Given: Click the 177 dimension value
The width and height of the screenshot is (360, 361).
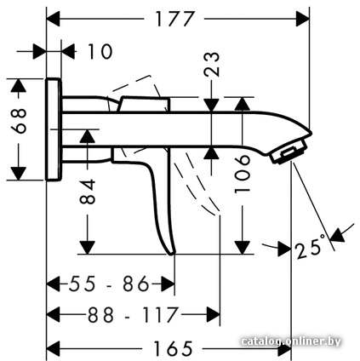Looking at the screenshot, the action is (x=175, y=19).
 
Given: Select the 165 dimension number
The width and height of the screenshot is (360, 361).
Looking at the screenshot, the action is (x=173, y=348).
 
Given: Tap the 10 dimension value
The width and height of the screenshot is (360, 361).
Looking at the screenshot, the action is (x=100, y=52).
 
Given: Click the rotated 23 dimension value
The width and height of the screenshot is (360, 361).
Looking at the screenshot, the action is (x=212, y=64).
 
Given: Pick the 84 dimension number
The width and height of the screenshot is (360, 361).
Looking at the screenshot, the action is (x=88, y=192).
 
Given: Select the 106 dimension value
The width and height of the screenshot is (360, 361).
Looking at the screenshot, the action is (x=243, y=174).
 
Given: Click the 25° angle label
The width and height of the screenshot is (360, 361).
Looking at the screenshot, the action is (x=310, y=246).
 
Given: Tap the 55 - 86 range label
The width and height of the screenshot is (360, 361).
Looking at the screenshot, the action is (x=109, y=284).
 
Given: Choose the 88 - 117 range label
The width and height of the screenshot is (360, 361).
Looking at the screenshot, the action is (x=133, y=315).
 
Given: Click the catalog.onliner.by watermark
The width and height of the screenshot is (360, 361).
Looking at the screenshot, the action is (x=291, y=341).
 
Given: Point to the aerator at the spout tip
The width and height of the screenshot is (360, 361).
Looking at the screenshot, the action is (x=289, y=152).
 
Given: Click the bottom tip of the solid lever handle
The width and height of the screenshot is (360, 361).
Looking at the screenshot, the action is (x=171, y=255).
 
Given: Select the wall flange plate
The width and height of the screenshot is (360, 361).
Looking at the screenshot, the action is (x=53, y=129).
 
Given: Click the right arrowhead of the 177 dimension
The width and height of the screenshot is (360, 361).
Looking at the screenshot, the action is (x=303, y=19).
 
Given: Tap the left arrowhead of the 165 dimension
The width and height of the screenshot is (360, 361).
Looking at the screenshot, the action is (x=53, y=348).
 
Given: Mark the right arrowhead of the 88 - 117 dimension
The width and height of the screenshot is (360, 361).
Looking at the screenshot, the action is (x=214, y=314).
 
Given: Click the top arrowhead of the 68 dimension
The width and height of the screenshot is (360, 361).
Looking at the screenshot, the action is (x=19, y=85).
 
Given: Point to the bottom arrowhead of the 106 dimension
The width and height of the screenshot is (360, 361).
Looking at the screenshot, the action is (x=243, y=248).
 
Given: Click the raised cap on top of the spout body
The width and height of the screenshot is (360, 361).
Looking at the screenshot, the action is (x=145, y=104).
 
